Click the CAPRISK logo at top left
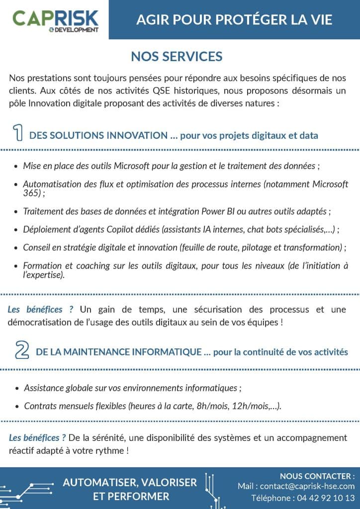[55, 19]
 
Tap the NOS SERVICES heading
[177, 57]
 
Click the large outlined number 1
[17, 134]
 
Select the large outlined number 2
[21, 350]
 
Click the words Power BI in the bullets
[213, 211]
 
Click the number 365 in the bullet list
[31, 193]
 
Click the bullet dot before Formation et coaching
[17, 266]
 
